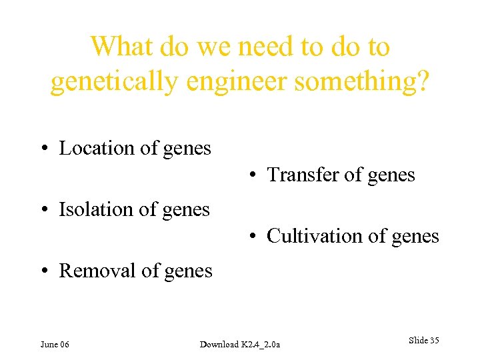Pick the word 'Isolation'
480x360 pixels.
click(x=96, y=209)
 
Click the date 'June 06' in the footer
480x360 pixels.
click(x=55, y=344)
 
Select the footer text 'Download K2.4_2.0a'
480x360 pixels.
click(x=240, y=344)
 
